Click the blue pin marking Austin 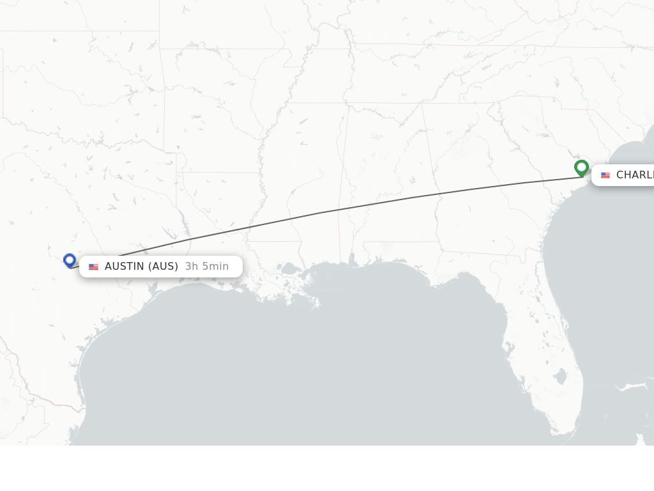(x=70, y=260)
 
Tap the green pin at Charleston (x=581, y=168)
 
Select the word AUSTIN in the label (x=125, y=267)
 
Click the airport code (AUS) (x=163, y=267)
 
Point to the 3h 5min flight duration (x=206, y=267)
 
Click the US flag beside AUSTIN (x=93, y=267)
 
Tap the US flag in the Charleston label (x=605, y=175)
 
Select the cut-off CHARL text (x=635, y=175)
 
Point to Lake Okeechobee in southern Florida (x=561, y=377)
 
